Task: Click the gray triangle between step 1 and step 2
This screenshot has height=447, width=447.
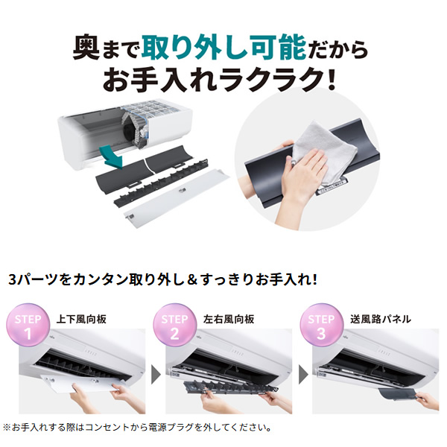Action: tap(155, 372)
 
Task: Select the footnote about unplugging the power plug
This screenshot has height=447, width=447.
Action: tap(138, 428)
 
